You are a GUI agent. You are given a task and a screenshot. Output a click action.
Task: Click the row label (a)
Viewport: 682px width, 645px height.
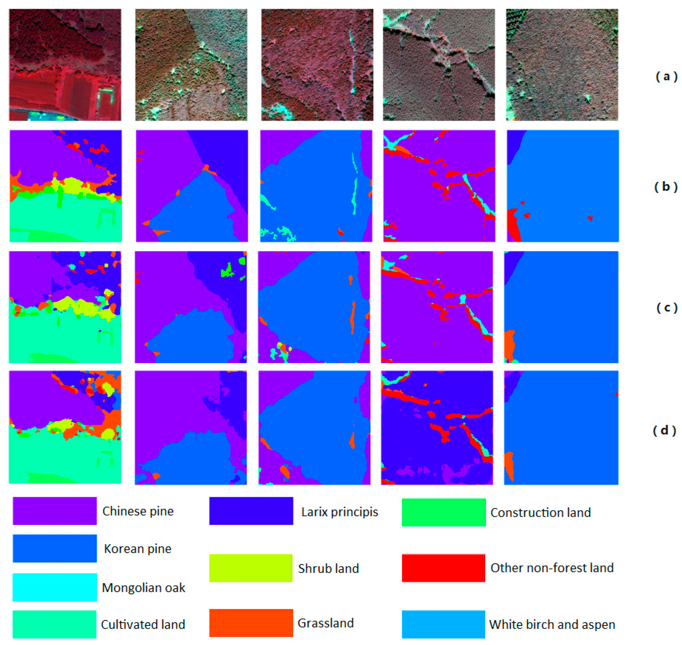pos(666,76)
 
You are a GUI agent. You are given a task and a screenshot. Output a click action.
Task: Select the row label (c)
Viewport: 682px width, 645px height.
pos(666,307)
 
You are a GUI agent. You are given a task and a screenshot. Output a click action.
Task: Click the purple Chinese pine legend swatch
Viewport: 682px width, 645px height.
pos(55,511)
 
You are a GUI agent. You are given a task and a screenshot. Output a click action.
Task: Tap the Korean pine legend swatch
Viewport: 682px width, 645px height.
pos(55,548)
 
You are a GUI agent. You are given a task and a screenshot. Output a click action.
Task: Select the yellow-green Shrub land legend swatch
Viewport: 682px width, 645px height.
pos(251,568)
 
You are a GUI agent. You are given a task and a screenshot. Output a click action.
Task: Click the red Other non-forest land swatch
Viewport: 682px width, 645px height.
pos(443,568)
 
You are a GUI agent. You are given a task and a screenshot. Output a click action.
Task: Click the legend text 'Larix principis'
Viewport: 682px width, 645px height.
pos(339,512)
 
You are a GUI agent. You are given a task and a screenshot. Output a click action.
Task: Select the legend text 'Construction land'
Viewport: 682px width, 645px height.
pos(540,513)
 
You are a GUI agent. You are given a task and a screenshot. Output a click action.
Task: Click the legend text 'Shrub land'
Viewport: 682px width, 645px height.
pos(328,568)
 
